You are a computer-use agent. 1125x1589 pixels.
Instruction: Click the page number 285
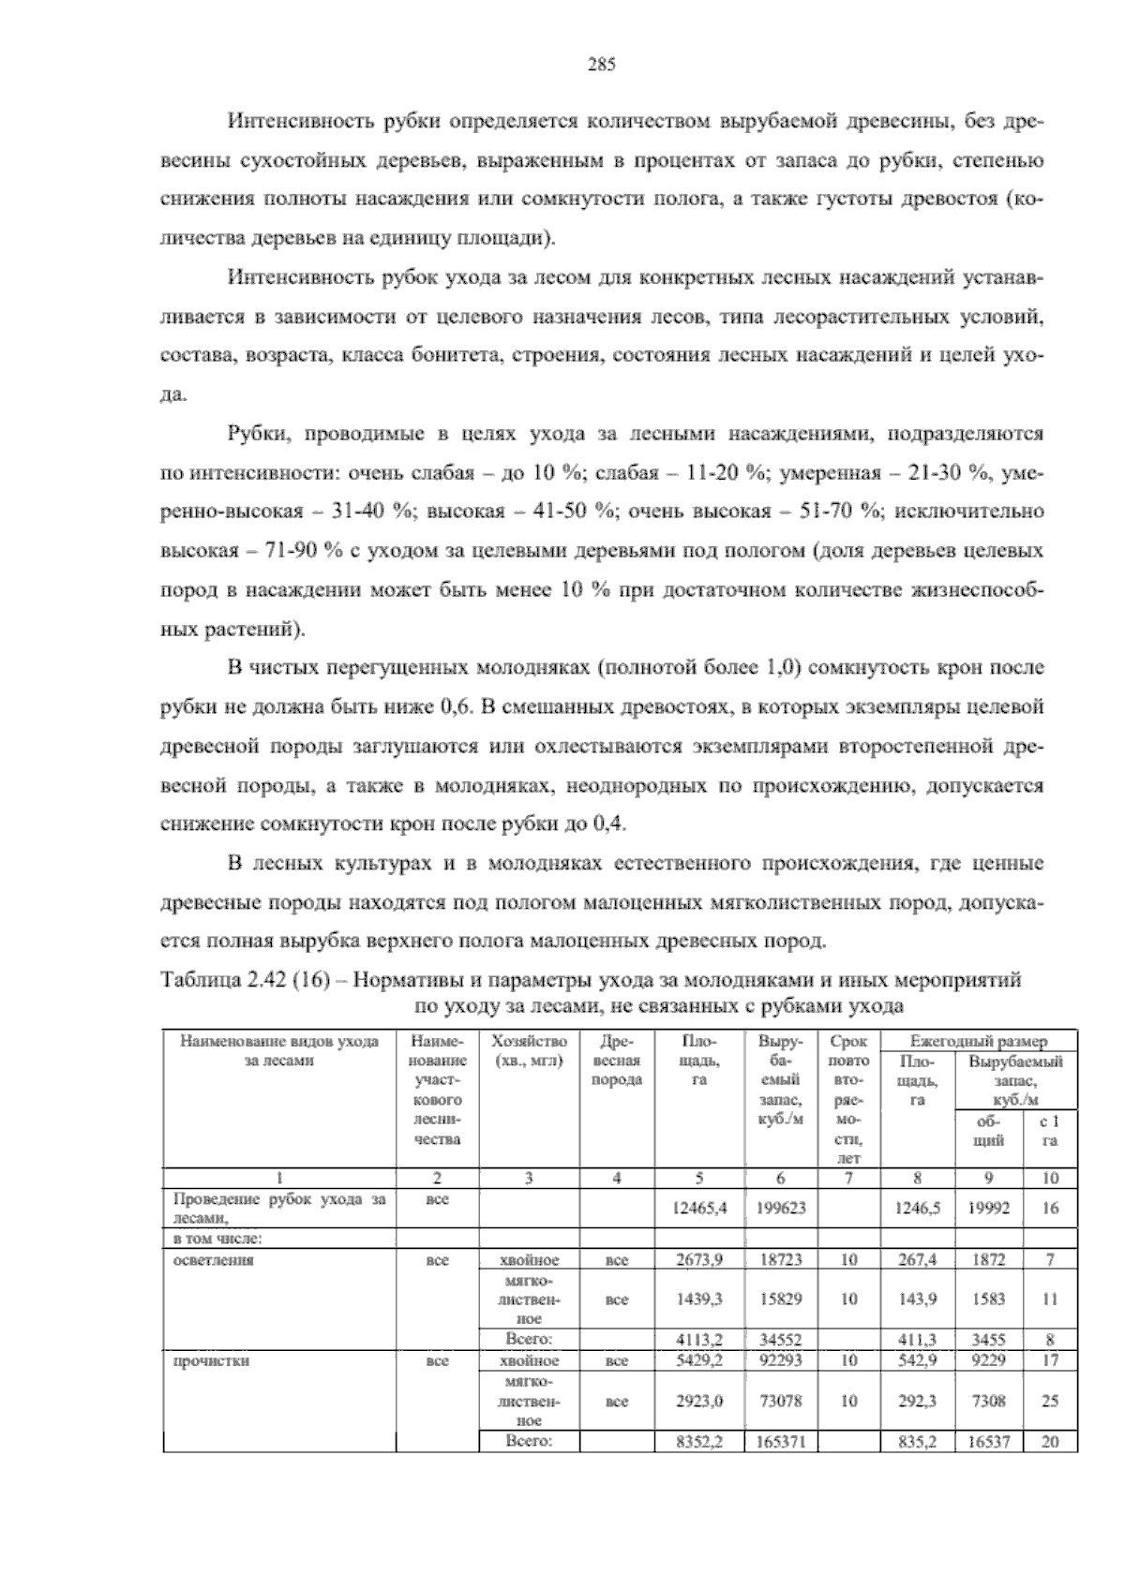pos(600,65)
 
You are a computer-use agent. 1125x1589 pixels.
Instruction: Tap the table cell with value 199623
pos(781,1209)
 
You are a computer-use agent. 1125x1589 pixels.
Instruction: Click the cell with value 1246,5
pos(918,1209)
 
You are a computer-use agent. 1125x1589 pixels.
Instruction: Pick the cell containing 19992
pos(988,1209)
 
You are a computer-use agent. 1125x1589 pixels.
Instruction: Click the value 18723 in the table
pos(781,1260)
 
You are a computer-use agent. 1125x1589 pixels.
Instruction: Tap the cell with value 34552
pos(781,1340)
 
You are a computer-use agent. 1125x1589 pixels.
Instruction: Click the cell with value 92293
pos(781,1360)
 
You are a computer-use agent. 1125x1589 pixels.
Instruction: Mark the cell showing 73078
pos(781,1402)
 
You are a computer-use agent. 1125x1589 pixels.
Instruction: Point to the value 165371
pos(781,1442)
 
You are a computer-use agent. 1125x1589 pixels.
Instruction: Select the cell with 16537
pos(988,1442)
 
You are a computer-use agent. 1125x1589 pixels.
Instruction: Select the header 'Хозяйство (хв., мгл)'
pos(529,1050)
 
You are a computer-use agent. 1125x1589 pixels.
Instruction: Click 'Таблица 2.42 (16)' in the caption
pos(242,981)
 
